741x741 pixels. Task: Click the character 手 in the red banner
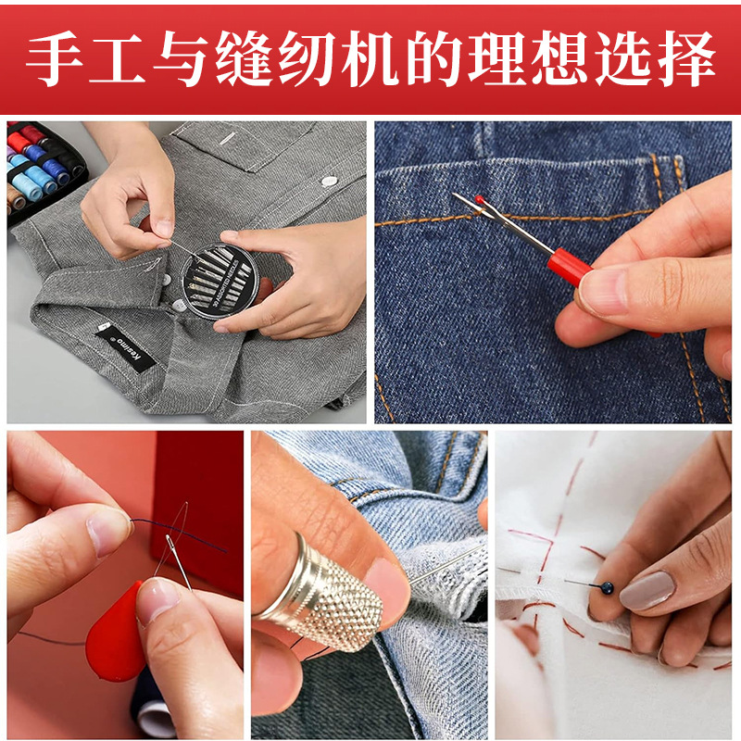pyautogui.click(x=54, y=58)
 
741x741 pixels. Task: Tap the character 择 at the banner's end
pyautogui.click(x=686, y=58)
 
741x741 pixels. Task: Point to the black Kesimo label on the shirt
pyautogui.click(x=126, y=348)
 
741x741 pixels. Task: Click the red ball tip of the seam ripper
pyautogui.click(x=479, y=199)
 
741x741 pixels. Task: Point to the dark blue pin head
pyautogui.click(x=607, y=588)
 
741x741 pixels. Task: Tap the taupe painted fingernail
pyautogui.click(x=647, y=590)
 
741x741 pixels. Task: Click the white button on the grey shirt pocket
pyautogui.click(x=329, y=181)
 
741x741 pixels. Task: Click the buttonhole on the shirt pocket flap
pyautogui.click(x=229, y=138)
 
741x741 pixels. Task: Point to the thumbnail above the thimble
pyautogui.click(x=387, y=586)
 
